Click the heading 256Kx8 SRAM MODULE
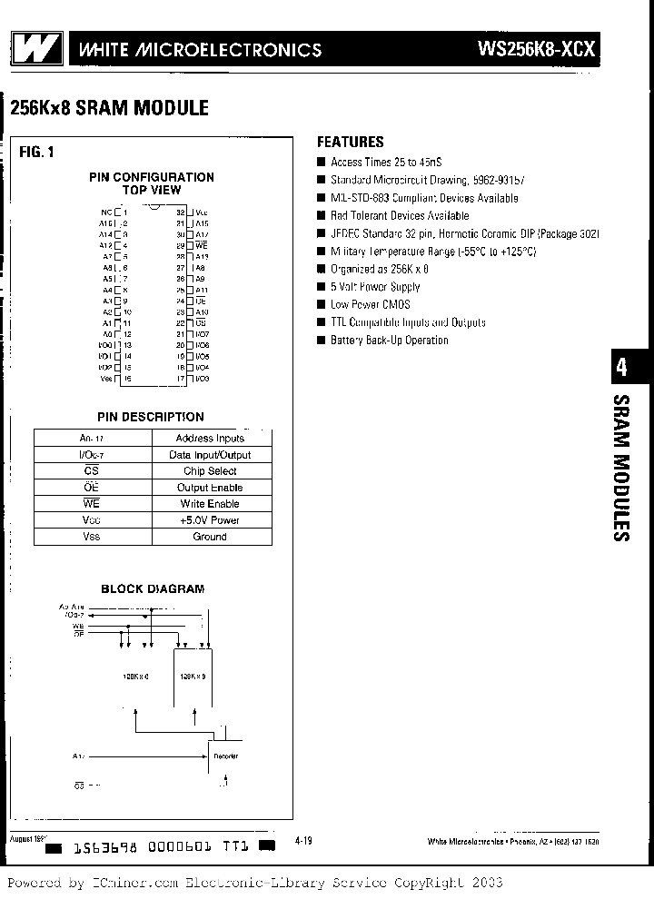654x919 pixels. tap(109, 108)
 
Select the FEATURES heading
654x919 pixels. tap(350, 142)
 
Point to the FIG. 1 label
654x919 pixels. tap(36, 152)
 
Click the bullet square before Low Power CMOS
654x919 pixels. tap(321, 305)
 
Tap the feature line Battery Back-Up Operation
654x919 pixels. tap(389, 340)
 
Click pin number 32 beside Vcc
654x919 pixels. tap(181, 211)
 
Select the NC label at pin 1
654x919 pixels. tap(106, 211)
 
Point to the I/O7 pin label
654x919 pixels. tap(202, 334)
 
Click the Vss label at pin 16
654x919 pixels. tap(105, 378)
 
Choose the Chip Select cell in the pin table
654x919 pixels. tap(210, 471)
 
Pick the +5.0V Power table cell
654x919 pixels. tap(210, 520)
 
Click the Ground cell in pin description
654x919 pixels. tap(210, 537)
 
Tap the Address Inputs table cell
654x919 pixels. tap(210, 439)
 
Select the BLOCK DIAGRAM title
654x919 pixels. tap(153, 588)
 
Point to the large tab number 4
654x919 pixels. tap(621, 368)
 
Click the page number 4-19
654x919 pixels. tap(303, 842)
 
